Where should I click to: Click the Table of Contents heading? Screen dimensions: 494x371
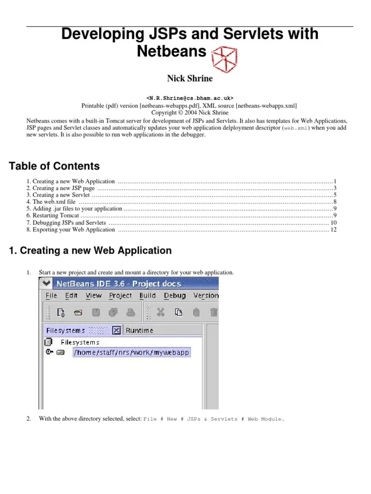click(54, 166)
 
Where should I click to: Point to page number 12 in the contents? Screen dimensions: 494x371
click(333, 230)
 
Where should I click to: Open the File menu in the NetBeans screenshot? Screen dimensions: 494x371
click(51, 296)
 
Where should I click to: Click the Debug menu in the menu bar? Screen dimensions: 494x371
click(174, 296)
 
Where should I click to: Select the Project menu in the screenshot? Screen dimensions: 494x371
click(120, 296)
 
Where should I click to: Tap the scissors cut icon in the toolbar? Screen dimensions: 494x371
click(161, 312)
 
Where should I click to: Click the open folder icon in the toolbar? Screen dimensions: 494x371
click(78, 313)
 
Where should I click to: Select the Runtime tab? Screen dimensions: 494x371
click(139, 330)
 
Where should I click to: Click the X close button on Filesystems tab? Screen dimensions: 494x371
click(116, 330)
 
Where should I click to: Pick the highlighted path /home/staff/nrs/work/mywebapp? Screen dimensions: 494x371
click(131, 353)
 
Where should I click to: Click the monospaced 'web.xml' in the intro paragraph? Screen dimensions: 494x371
click(295, 128)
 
